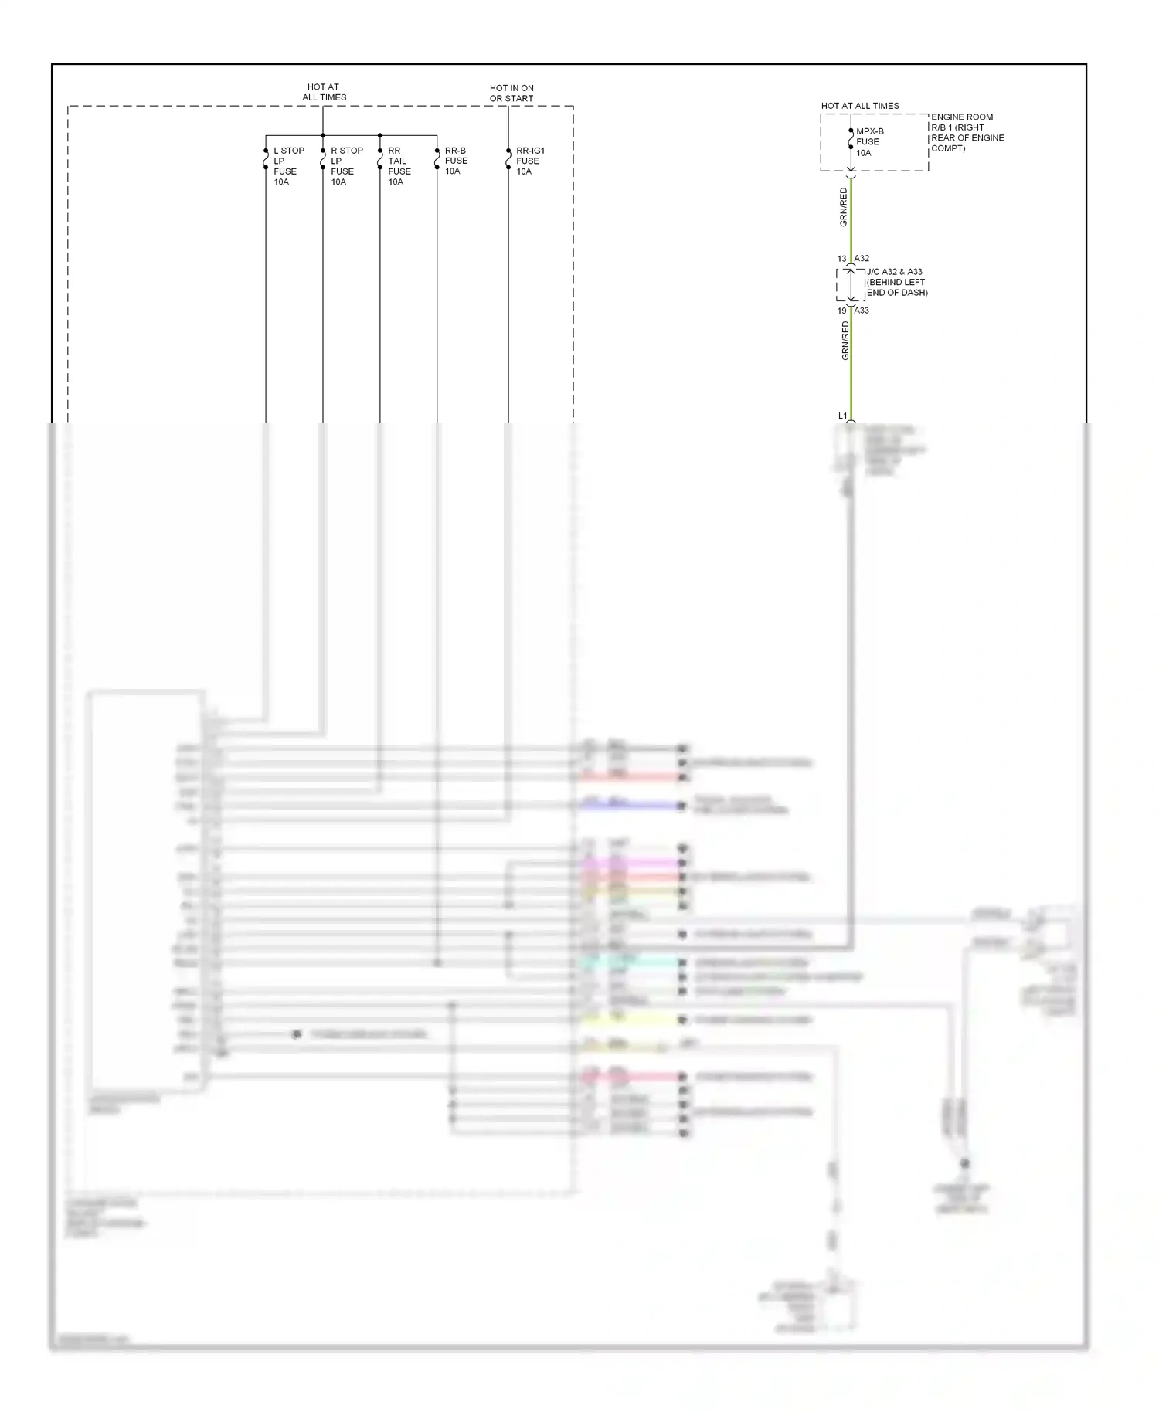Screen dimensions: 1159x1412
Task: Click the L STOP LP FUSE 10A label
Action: pyautogui.click(x=288, y=166)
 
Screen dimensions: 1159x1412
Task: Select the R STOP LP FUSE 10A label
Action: pyautogui.click(x=346, y=166)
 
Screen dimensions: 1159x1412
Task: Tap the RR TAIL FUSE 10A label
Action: pyautogui.click(x=399, y=166)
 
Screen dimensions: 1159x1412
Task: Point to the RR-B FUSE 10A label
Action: pyautogui.click(x=456, y=161)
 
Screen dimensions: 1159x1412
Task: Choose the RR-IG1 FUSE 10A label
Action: pyautogui.click(x=530, y=161)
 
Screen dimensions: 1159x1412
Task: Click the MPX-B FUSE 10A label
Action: pyautogui.click(x=869, y=142)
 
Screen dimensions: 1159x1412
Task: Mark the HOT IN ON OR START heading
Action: pyautogui.click(x=512, y=93)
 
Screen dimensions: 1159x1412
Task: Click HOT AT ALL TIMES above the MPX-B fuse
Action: pyautogui.click(x=860, y=106)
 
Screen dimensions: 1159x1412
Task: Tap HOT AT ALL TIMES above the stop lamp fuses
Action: pyautogui.click(x=324, y=92)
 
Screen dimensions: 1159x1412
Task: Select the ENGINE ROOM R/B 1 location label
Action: pyautogui.click(x=967, y=133)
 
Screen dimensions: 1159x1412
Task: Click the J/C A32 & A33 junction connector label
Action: pyautogui.click(x=896, y=282)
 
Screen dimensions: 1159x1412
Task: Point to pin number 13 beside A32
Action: pyautogui.click(x=841, y=259)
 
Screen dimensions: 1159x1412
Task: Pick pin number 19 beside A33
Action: pyautogui.click(x=841, y=311)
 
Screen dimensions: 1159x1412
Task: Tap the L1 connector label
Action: pyautogui.click(x=843, y=416)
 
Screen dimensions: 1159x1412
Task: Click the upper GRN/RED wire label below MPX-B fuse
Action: pyautogui.click(x=844, y=207)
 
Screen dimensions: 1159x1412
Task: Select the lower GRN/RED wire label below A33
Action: pyautogui.click(x=845, y=341)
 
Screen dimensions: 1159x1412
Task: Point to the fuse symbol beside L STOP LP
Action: pyautogui.click(x=266, y=158)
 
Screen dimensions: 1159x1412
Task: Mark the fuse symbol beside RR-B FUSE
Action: pyautogui.click(x=437, y=158)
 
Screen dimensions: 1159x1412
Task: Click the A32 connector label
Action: pyautogui.click(x=862, y=259)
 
